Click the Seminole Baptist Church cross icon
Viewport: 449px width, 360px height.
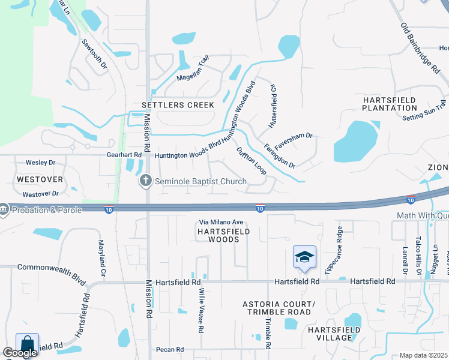[x=145, y=181]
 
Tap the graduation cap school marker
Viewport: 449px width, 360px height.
[x=304, y=257]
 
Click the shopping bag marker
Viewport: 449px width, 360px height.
[x=27, y=344]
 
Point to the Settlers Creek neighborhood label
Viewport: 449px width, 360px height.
[x=178, y=105]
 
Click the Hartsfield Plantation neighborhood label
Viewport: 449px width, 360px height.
[x=389, y=103]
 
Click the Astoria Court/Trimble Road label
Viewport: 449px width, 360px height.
[x=277, y=308]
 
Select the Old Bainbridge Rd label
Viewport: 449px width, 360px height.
[x=420, y=49]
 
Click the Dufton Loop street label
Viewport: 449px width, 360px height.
[x=251, y=161]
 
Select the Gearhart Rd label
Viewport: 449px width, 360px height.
[x=124, y=155]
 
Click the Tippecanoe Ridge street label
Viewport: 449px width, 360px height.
[x=333, y=251]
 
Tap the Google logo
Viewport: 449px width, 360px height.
[x=20, y=352]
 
